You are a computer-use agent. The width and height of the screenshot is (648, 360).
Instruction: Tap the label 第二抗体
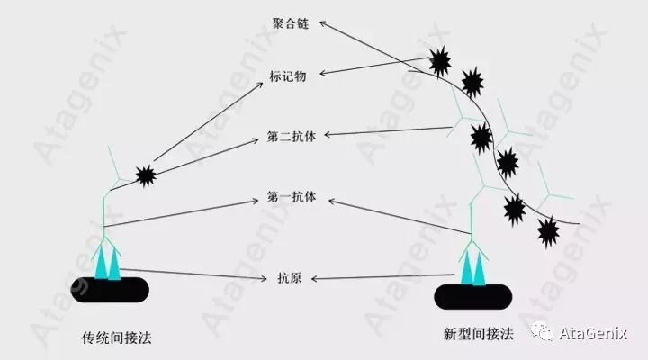[290, 137]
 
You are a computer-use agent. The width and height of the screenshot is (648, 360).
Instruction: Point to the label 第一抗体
[290, 197]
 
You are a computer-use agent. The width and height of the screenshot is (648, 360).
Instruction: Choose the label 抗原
[290, 279]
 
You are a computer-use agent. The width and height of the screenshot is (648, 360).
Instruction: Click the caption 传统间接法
[116, 338]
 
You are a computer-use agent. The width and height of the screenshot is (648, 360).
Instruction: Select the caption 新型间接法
[478, 334]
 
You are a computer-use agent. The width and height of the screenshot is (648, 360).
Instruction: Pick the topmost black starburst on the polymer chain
[440, 61]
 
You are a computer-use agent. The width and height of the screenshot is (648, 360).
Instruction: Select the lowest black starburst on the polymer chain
[547, 233]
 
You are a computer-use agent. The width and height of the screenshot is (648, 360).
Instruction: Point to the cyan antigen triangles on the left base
[108, 262]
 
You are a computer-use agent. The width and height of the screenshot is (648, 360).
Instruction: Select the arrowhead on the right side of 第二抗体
[326, 135]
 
